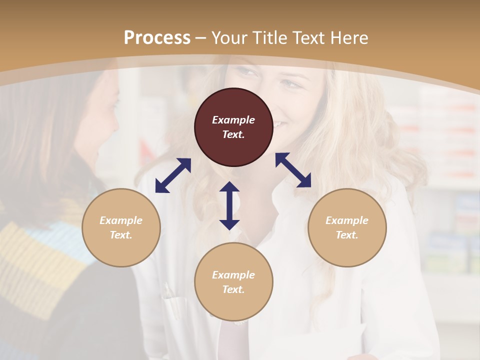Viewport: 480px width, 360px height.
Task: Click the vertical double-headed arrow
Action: (x=229, y=205)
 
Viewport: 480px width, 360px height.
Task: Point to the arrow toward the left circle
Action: (x=173, y=175)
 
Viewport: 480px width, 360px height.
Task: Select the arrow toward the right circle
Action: (x=293, y=170)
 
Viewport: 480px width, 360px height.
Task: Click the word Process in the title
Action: (x=157, y=38)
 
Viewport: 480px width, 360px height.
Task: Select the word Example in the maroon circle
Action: (x=233, y=120)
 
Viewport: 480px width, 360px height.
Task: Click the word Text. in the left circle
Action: (x=121, y=235)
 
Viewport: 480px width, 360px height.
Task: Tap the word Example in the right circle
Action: (x=347, y=220)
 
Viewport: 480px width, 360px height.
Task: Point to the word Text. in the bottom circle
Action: (x=233, y=289)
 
